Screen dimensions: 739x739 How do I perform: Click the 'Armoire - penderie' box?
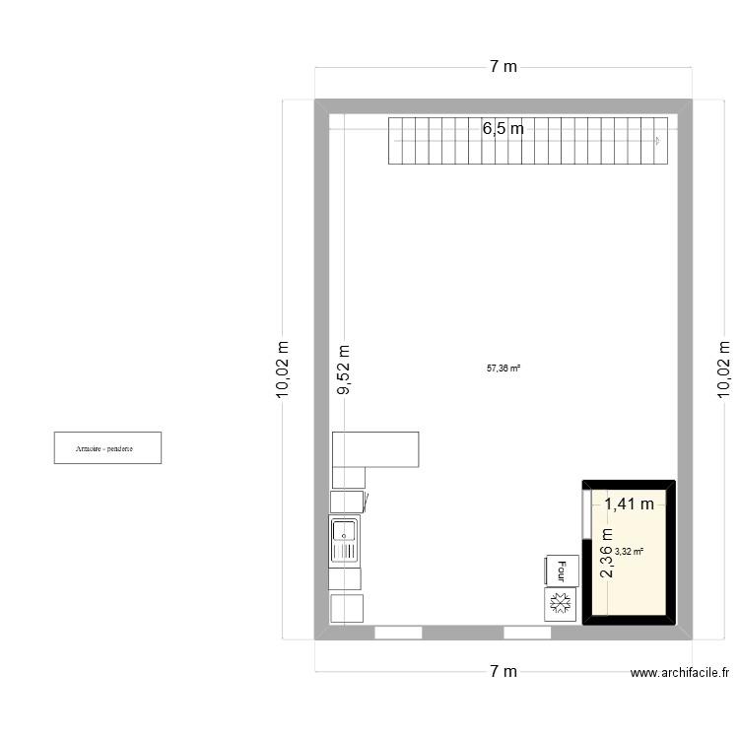pyautogui.click(x=107, y=447)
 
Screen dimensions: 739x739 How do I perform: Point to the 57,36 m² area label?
pyautogui.click(x=503, y=369)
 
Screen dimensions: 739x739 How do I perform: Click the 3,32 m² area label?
pyautogui.click(x=629, y=553)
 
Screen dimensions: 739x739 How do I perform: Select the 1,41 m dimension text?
pyautogui.click(x=630, y=504)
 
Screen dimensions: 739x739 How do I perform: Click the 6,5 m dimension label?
pyautogui.click(x=503, y=128)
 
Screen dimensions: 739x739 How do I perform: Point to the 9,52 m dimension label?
pyautogui.click(x=343, y=369)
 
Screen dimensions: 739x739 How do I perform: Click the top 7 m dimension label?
pyautogui.click(x=503, y=67)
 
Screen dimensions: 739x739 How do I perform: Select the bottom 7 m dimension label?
pyautogui.click(x=503, y=672)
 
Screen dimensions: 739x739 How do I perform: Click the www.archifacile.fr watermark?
pyautogui.click(x=680, y=674)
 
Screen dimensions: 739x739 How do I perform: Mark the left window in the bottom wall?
pyautogui.click(x=398, y=632)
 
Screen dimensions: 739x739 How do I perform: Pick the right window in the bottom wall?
pyautogui.click(x=527, y=632)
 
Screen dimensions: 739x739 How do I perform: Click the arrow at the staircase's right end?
pyautogui.click(x=657, y=141)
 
